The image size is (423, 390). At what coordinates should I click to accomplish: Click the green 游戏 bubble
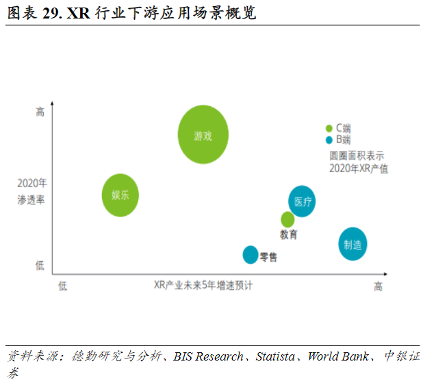(203, 135)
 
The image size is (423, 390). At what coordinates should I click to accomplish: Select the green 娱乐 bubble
(120, 195)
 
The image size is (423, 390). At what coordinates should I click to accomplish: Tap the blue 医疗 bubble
(302, 201)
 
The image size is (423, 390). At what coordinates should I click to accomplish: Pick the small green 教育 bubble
(287, 219)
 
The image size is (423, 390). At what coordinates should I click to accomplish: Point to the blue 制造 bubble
(352, 244)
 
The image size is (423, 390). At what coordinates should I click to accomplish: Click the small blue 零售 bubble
(251, 254)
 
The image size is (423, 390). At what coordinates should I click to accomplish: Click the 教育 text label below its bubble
(288, 235)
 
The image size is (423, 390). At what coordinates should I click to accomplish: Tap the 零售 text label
(268, 257)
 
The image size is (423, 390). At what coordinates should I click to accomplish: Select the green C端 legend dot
(329, 128)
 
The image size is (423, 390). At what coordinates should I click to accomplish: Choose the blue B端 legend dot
(329, 139)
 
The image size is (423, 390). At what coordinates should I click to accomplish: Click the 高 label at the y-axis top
(40, 112)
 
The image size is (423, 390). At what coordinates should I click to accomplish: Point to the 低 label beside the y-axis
(40, 265)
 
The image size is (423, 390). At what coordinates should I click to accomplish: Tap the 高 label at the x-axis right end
(378, 287)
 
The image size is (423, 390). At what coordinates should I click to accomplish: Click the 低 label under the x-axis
(63, 287)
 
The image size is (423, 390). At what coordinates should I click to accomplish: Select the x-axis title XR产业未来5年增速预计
(203, 286)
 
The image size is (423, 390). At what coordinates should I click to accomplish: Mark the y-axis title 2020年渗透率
(32, 191)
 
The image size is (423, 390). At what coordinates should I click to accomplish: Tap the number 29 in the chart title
(50, 13)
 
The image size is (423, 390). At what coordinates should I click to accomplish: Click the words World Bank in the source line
(338, 356)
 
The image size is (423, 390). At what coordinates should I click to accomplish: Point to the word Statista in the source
(277, 356)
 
